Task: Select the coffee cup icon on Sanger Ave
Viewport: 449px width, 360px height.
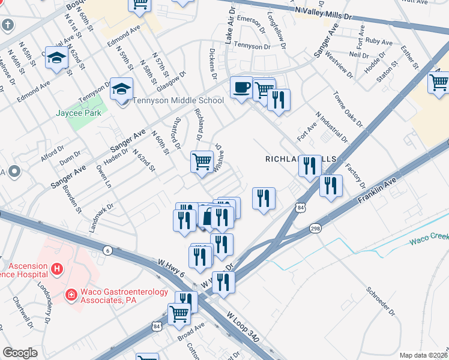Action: coord(242,88)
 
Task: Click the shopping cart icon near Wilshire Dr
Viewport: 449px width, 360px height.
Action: coord(202,161)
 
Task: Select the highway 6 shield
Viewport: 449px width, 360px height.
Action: coord(107,250)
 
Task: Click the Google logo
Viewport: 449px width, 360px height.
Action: coord(20,353)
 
